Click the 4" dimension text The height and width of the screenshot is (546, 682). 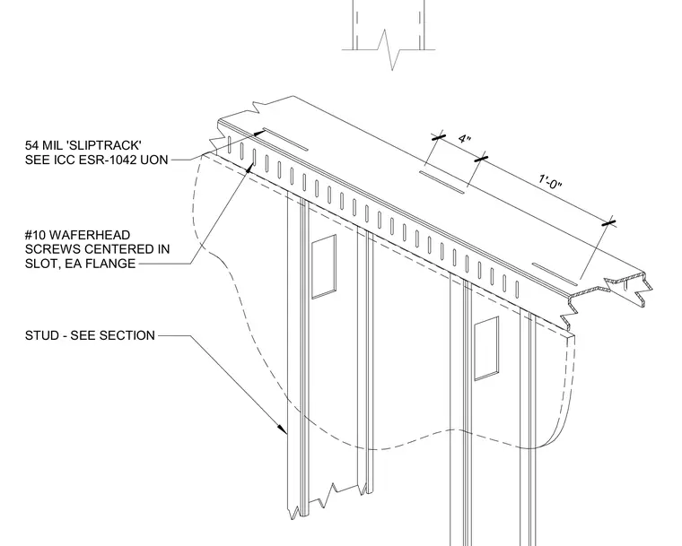[465, 139]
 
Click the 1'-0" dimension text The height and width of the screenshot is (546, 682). [550, 182]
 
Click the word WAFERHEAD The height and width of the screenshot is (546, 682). [90, 235]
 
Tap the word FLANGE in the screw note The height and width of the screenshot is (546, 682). [113, 264]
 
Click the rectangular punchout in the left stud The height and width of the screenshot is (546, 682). [324, 266]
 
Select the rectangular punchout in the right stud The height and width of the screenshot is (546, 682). [486, 348]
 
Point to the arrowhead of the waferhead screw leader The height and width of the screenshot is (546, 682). [249, 168]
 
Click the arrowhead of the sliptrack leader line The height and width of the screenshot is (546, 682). [259, 133]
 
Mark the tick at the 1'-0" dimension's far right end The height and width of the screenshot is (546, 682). [609, 223]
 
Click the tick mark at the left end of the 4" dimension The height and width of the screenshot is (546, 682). [439, 137]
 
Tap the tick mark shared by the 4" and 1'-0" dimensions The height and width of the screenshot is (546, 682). [481, 159]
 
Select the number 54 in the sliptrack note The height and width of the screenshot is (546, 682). [31, 145]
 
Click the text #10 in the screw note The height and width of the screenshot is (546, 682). [35, 235]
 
